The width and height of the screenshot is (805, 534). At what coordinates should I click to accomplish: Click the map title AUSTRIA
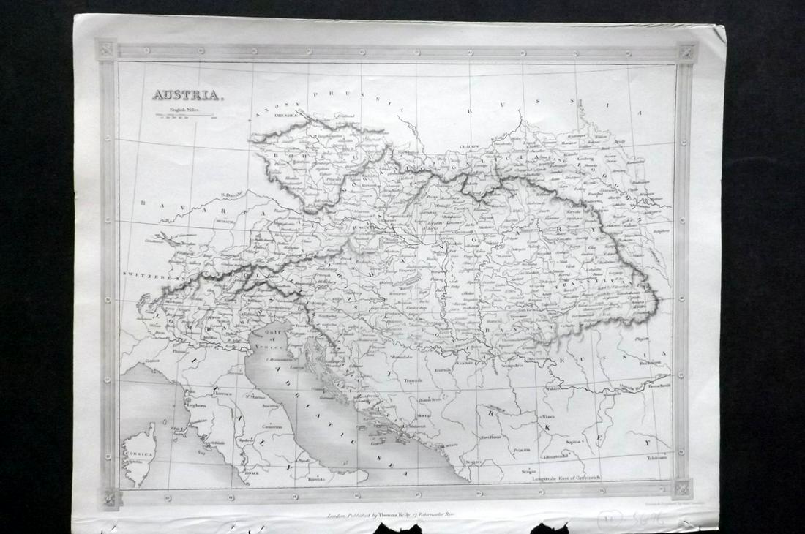coord(179,94)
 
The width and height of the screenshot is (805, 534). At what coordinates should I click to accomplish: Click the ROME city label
coord(252,473)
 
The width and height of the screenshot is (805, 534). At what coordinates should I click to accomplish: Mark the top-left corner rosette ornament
coord(107,50)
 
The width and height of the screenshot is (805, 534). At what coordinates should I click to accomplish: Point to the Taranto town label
coord(315,479)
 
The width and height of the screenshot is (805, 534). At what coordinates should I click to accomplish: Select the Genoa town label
coord(152,361)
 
